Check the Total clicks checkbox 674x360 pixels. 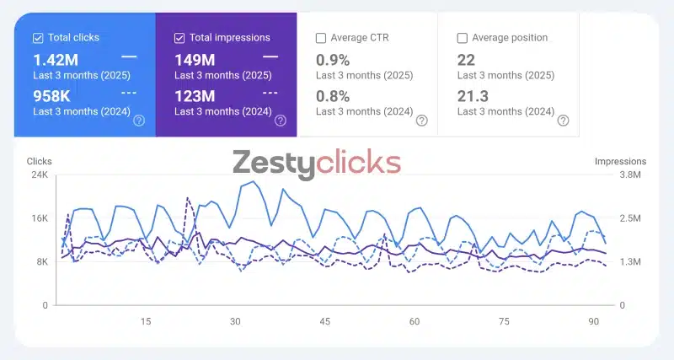tap(38, 38)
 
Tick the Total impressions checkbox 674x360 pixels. tap(179, 38)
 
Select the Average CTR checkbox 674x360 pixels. tap(321, 38)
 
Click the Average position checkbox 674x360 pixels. tap(462, 38)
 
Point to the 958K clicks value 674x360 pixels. tap(51, 96)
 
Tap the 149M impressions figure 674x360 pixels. tap(195, 60)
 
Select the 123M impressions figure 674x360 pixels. tap(195, 96)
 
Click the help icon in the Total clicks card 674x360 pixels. tap(139, 121)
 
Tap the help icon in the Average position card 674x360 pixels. tap(563, 121)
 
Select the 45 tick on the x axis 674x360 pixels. tap(325, 321)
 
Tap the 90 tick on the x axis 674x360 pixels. tap(594, 321)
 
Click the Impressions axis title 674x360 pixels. tap(620, 161)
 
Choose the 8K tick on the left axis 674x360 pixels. tap(40, 262)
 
